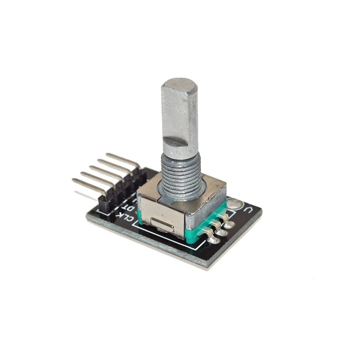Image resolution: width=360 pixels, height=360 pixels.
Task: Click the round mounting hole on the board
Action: [234, 204]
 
